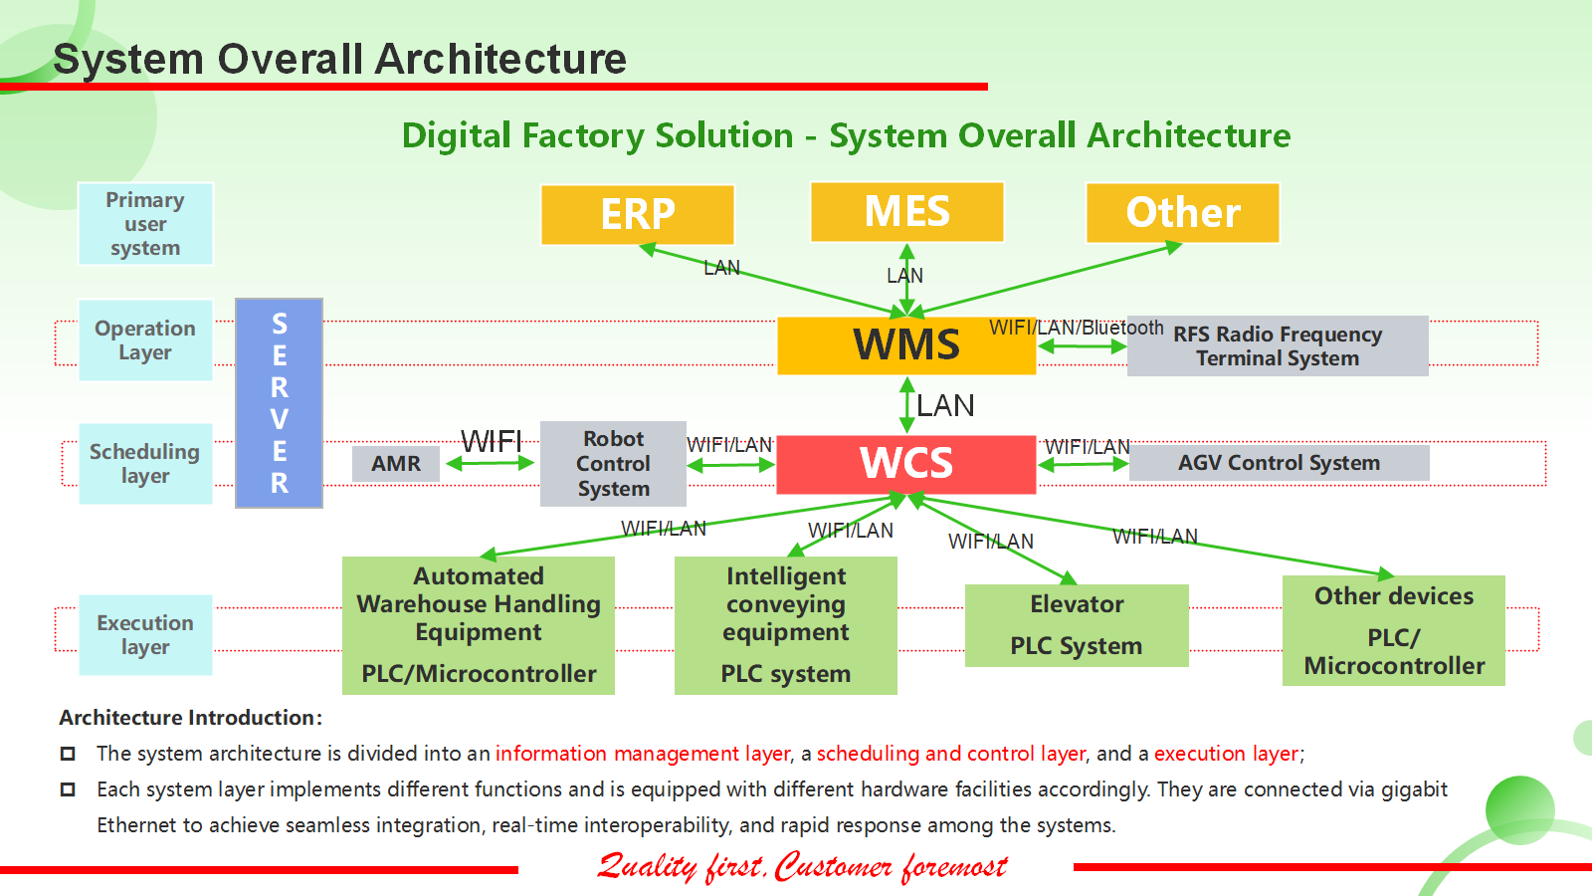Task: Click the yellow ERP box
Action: pyautogui.click(x=638, y=214)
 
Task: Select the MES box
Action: pyautogui.click(x=906, y=212)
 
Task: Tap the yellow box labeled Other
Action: pyautogui.click(x=1182, y=213)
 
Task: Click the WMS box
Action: pyautogui.click(x=905, y=345)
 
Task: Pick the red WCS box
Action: pyautogui.click(x=905, y=464)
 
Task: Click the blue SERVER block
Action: pyautogui.click(x=279, y=403)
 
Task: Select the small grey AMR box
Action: pyautogui.click(x=396, y=464)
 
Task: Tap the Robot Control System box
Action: pyautogui.click(x=613, y=464)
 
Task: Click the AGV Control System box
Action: pyautogui.click(x=1279, y=463)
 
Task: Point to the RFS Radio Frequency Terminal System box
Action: pyautogui.click(x=1278, y=346)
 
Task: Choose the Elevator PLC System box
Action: pyautogui.click(x=1077, y=625)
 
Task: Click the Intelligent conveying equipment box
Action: pyautogui.click(x=785, y=625)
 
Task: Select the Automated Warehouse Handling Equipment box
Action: pyautogui.click(x=479, y=625)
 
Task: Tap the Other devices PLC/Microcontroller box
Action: pyautogui.click(x=1393, y=630)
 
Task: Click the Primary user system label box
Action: pyautogui.click(x=145, y=224)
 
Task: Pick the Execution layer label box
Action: pyautogui.click(x=145, y=635)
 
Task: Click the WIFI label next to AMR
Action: pyautogui.click(x=492, y=441)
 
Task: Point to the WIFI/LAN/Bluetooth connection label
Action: pyautogui.click(x=1076, y=328)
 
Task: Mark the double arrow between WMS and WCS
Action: pyautogui.click(x=906, y=404)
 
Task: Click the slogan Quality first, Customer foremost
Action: pyautogui.click(x=802, y=867)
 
